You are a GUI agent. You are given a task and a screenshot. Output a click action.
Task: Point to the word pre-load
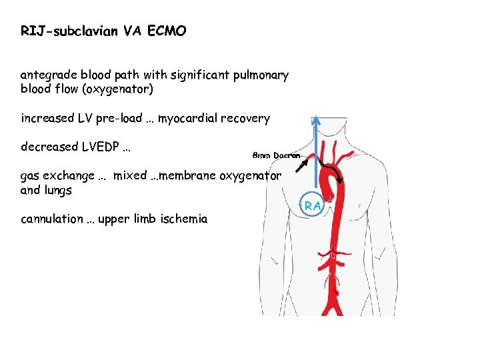[118, 119]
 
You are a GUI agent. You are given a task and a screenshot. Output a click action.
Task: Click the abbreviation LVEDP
[97, 146]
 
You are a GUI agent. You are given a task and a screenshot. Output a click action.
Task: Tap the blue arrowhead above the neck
[317, 122]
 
